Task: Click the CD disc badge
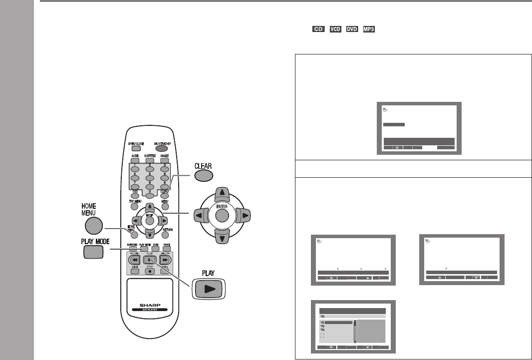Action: coord(317,30)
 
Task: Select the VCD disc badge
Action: coord(335,30)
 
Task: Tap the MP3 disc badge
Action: coord(370,30)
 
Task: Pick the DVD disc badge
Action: coord(352,30)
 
